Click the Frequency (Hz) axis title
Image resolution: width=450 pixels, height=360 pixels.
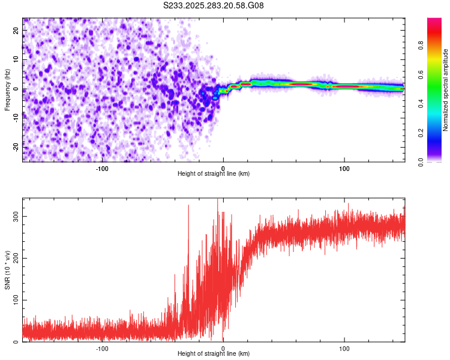pyautogui.click(x=7, y=89)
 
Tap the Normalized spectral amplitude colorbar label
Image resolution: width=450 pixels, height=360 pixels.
pyautogui.click(x=445, y=90)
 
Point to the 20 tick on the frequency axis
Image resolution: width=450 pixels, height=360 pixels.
pyautogui.click(x=16, y=31)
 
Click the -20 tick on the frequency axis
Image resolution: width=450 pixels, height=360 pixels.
pyautogui.click(x=16, y=146)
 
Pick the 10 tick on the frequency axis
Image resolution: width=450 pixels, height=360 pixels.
pyautogui.click(x=16, y=60)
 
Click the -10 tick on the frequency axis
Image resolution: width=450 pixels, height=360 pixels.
pyautogui.click(x=16, y=118)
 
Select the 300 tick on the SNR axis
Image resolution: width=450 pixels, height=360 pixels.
pyautogui.click(x=16, y=216)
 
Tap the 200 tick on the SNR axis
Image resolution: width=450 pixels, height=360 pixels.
pyautogui.click(x=16, y=258)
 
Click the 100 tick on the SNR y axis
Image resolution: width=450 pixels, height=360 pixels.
pyautogui.click(x=16, y=300)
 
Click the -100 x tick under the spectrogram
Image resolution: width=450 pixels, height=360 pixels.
pyautogui.click(x=102, y=169)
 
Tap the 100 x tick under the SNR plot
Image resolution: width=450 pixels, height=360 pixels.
pyautogui.click(x=344, y=349)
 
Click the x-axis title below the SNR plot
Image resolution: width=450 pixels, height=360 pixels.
pyautogui.click(x=214, y=354)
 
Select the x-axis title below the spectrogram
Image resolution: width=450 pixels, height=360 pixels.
pyautogui.click(x=214, y=174)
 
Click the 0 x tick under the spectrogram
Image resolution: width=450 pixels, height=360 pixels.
pyautogui.click(x=223, y=169)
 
